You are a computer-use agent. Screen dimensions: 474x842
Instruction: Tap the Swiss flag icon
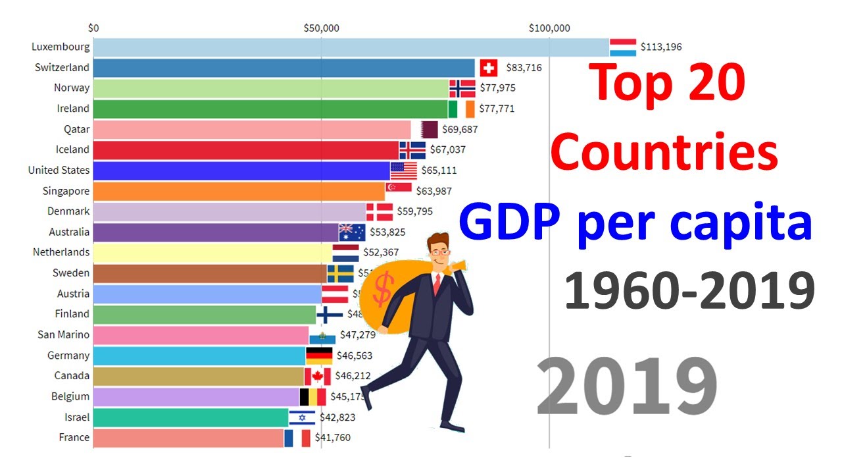pyautogui.click(x=488, y=68)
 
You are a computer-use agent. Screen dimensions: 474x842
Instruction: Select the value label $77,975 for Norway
pyautogui.click(x=498, y=88)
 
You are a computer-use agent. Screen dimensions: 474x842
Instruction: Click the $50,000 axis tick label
pyautogui.click(x=321, y=28)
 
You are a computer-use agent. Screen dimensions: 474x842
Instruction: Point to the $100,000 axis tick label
pyautogui.click(x=549, y=28)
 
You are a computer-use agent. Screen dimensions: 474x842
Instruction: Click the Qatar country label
pyautogui.click(x=77, y=130)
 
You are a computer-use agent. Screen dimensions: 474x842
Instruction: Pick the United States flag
pyautogui.click(x=403, y=171)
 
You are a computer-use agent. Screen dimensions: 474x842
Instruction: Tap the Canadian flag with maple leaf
pyautogui.click(x=317, y=377)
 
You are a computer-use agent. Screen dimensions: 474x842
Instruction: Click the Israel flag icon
pyautogui.click(x=302, y=417)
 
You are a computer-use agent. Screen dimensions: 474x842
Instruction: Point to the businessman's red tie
pyautogui.click(x=436, y=284)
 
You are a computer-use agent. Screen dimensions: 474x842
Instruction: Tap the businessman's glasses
pyautogui.click(x=441, y=252)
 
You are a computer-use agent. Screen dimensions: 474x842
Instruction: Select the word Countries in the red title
pyautogui.click(x=664, y=153)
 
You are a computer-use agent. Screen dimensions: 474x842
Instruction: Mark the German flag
pyautogui.click(x=319, y=356)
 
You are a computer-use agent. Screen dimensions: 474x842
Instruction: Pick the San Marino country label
pyautogui.click(x=64, y=334)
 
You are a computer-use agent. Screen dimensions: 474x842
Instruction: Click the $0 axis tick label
pyautogui.click(x=93, y=28)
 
